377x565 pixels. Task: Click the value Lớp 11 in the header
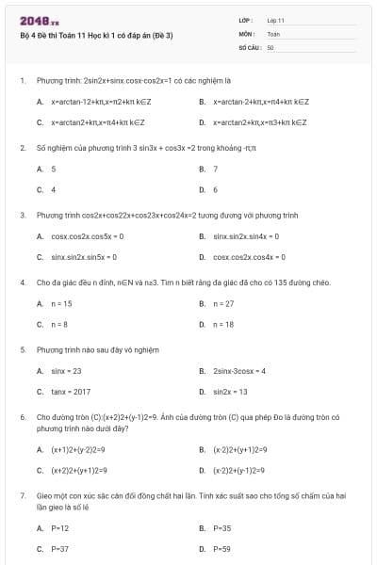click(x=276, y=20)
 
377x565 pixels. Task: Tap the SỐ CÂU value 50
click(x=270, y=46)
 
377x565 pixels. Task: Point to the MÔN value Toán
click(x=274, y=33)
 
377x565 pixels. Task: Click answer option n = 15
click(x=61, y=303)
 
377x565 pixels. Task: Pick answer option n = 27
click(x=223, y=303)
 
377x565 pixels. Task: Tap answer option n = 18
click(x=223, y=324)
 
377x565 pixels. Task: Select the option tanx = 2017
click(x=71, y=392)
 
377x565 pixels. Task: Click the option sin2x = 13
click(x=230, y=392)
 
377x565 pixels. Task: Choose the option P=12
click(x=59, y=528)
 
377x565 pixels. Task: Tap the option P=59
click(x=221, y=548)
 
